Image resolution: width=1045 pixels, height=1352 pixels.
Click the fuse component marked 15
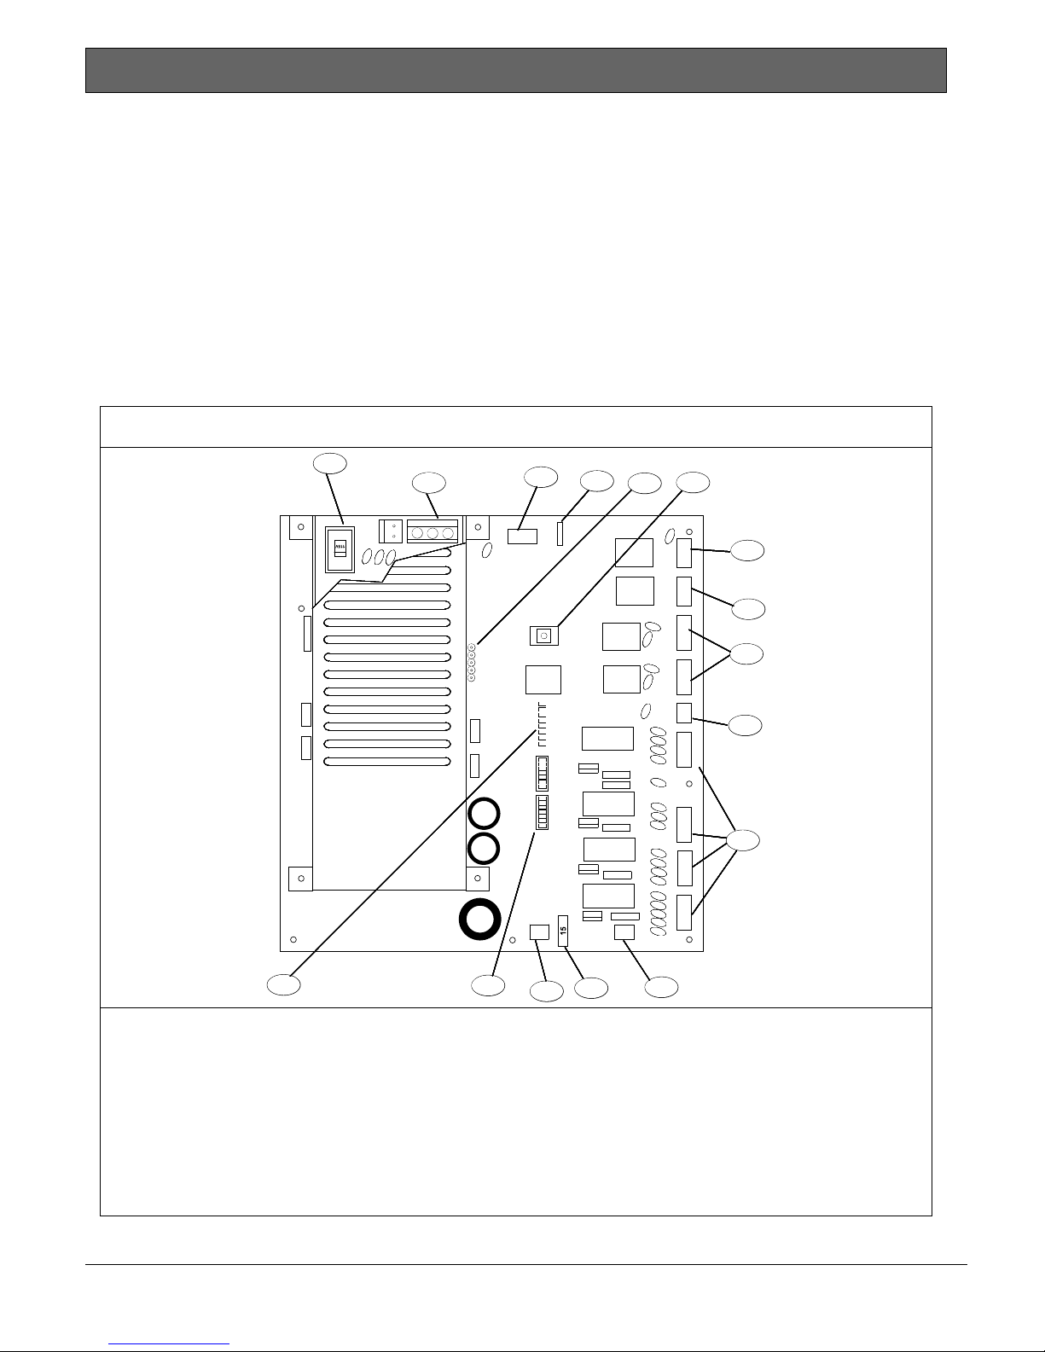pyautogui.click(x=563, y=930)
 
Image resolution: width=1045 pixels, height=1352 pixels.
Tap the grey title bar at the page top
pyautogui.click(x=515, y=70)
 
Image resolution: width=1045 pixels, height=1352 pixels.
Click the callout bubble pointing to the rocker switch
pyautogui.click(x=330, y=462)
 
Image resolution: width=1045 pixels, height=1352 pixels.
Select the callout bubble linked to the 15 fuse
pyautogui.click(x=591, y=988)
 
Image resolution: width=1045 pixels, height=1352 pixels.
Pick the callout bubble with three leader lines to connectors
pyautogui.click(x=746, y=839)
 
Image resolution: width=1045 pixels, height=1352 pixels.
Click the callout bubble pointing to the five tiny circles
pyautogui.click(x=644, y=483)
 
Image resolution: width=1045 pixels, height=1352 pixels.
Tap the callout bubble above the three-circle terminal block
pyautogui.click(x=428, y=483)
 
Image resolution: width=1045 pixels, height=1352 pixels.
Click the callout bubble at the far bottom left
pyautogui.click(x=283, y=984)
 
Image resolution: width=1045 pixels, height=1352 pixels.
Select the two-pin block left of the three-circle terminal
pyautogui.click(x=390, y=531)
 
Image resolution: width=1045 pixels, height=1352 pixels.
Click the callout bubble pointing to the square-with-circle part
pyautogui.click(x=693, y=482)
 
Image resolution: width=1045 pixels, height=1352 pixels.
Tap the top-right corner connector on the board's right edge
pyautogui.click(x=684, y=553)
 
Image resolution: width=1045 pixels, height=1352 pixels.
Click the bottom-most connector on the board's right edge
pyautogui.click(x=684, y=913)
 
